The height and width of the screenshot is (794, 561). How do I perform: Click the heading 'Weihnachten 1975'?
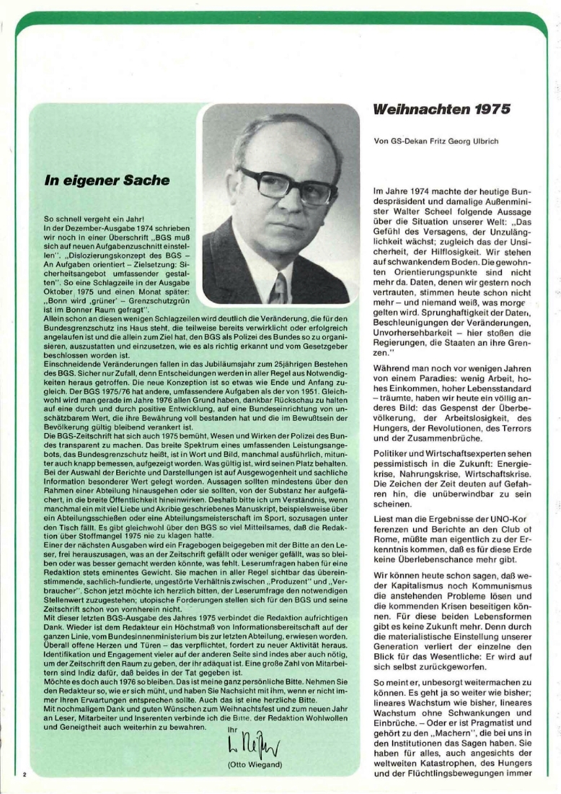(x=442, y=110)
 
